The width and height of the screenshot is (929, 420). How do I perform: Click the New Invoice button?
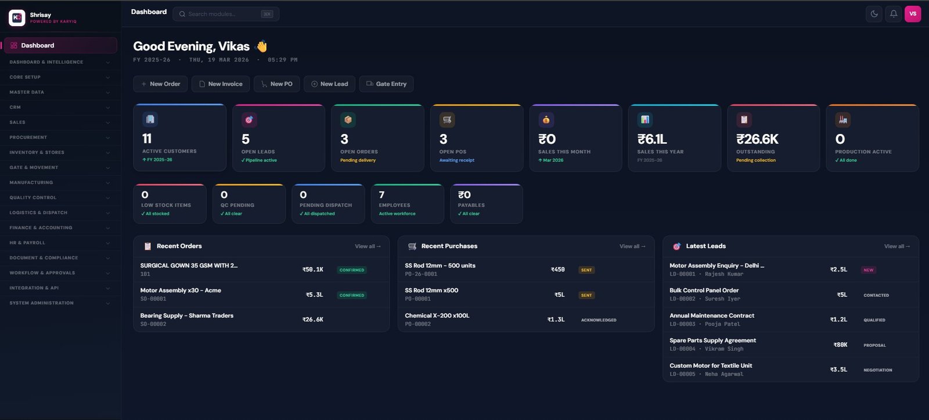point(221,84)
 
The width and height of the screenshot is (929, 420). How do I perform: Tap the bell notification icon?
point(894,14)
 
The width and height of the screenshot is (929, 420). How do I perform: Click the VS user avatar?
point(913,14)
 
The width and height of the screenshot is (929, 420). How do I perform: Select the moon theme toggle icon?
point(874,14)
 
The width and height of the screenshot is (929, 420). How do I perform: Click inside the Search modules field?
point(221,14)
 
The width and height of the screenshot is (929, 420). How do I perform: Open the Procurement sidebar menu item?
point(28,137)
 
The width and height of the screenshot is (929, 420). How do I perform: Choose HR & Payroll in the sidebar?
point(27,242)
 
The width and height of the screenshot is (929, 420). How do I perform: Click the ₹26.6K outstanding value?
point(757,139)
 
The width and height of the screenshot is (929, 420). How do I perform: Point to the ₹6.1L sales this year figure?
point(652,139)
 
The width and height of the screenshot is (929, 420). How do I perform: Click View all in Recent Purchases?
point(632,247)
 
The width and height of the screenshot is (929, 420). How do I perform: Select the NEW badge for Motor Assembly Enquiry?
point(869,270)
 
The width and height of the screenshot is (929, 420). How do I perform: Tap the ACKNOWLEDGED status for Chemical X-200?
point(599,320)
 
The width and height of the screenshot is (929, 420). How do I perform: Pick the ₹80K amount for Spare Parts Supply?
point(840,345)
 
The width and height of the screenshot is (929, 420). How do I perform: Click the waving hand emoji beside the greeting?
point(262,46)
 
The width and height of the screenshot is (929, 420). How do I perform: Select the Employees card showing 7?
point(407,204)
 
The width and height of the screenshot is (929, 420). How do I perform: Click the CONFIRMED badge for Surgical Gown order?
point(352,270)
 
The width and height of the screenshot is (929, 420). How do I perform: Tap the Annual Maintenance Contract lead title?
point(712,316)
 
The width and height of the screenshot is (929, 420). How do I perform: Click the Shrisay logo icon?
point(17,17)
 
